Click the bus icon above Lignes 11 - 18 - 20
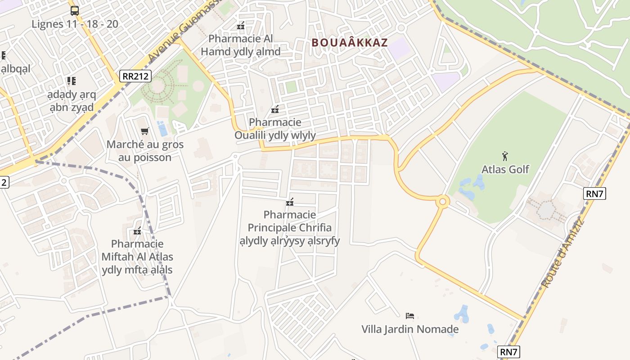(x=75, y=11)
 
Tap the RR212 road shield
(x=136, y=76)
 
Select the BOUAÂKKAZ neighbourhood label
(x=349, y=43)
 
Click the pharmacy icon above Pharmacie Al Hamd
(x=241, y=26)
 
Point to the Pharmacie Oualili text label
(x=275, y=129)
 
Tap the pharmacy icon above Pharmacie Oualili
(x=275, y=109)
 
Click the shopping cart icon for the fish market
(x=144, y=131)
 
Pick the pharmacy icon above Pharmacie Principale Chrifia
(x=290, y=202)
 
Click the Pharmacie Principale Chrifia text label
(x=290, y=227)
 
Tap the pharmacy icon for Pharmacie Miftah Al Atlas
(x=137, y=231)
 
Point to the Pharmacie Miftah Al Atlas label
(x=137, y=257)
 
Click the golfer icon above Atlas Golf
(x=505, y=156)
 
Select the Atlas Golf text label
(x=505, y=170)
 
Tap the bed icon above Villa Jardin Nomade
(x=409, y=315)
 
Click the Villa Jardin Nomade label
(x=410, y=329)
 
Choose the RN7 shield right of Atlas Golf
(x=594, y=194)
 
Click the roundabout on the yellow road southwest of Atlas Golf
(x=442, y=202)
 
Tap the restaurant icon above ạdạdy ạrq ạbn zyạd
(x=71, y=81)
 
